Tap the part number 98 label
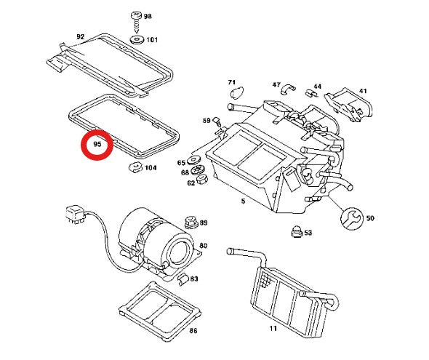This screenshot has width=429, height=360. [x=148, y=16]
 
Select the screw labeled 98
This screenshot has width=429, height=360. [x=136, y=22]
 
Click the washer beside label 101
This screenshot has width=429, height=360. [x=137, y=40]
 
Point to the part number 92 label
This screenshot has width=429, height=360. [x=80, y=36]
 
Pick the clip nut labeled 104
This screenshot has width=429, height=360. [x=135, y=167]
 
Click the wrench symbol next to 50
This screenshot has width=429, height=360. [x=352, y=219]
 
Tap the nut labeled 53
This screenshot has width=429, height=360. [x=296, y=232]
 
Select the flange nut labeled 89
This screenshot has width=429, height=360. [x=191, y=223]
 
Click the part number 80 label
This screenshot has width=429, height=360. [x=204, y=245]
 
